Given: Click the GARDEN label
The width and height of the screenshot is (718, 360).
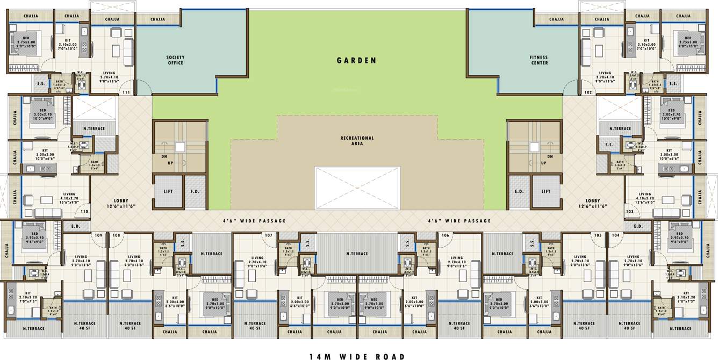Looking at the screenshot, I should (x=356, y=61).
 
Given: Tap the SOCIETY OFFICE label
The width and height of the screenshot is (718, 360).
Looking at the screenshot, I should (x=175, y=60).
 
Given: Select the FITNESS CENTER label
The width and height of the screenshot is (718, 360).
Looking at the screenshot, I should (x=539, y=60).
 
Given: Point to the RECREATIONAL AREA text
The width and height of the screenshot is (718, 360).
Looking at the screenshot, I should (x=357, y=141).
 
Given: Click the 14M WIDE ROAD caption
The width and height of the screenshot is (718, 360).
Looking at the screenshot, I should (x=357, y=356).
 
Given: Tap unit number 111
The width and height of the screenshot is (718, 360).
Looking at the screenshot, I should (x=127, y=93).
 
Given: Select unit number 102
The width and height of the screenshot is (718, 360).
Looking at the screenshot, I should (x=588, y=93).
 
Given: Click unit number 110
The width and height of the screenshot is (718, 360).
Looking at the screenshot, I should (x=84, y=212).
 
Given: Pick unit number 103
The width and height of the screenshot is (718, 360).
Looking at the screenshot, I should (x=630, y=212).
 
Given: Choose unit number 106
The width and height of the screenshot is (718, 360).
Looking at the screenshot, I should (x=445, y=235).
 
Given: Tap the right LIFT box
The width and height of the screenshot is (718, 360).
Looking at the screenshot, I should (x=545, y=191).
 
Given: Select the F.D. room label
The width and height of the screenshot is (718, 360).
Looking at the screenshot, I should (x=195, y=191).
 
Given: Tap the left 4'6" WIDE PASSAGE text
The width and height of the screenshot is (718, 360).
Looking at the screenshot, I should (x=255, y=221).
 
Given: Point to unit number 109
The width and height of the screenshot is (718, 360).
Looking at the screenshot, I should (x=98, y=235).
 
